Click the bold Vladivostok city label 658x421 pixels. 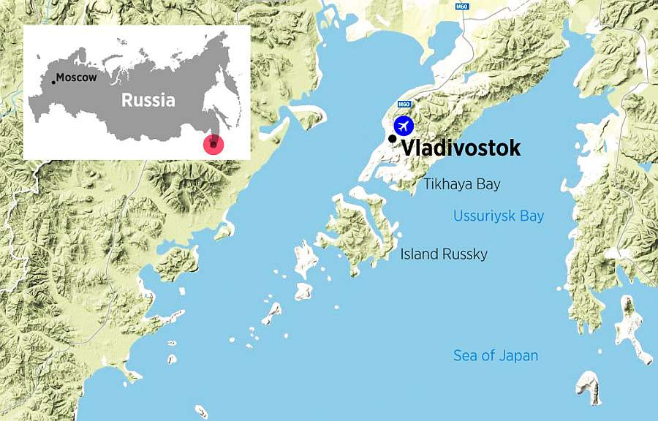tap(461, 148)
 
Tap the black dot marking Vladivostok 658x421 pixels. tap(393, 138)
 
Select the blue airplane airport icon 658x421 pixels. tap(403, 125)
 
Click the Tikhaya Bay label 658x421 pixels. tap(461, 184)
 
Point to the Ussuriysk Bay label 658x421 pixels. tap(499, 216)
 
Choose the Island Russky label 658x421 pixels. tap(444, 254)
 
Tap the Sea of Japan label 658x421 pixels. tap(496, 356)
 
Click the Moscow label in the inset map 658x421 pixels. tap(77, 78)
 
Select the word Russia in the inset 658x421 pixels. tap(148, 100)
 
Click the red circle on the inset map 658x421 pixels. tap(213, 144)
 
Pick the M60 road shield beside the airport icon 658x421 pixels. tap(404, 105)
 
